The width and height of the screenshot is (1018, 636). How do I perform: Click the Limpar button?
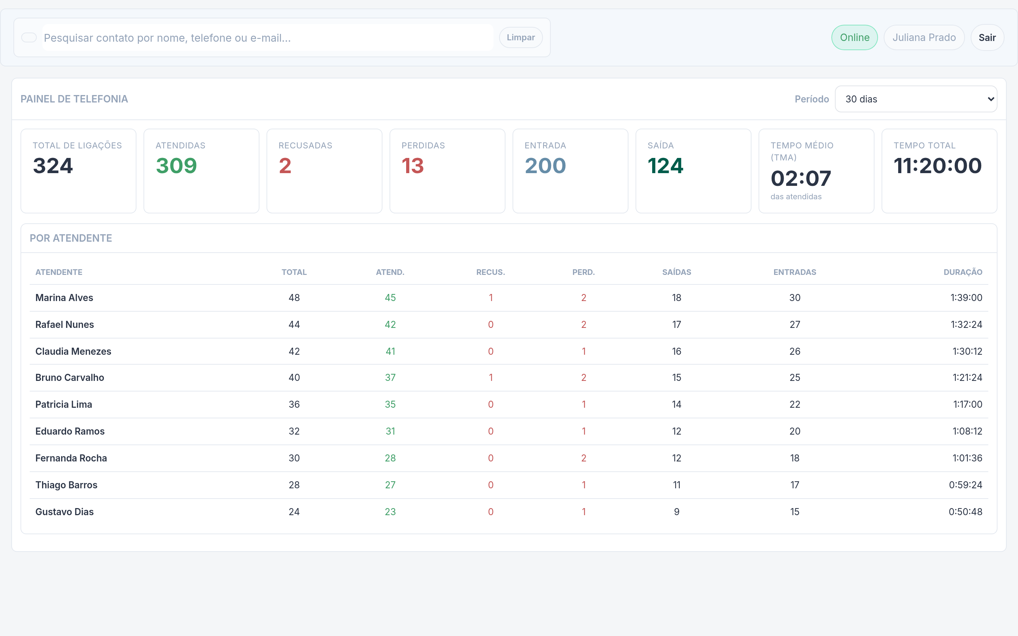tap(520, 37)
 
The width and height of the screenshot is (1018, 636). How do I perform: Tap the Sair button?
tap(987, 37)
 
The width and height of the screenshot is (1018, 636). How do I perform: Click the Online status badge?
tap(854, 37)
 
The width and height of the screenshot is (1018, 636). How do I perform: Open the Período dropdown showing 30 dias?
tap(916, 99)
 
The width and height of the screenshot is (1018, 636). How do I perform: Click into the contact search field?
tap(268, 38)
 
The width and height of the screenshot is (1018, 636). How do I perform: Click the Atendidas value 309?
tap(176, 166)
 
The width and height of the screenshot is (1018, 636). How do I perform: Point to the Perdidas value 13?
tap(412, 166)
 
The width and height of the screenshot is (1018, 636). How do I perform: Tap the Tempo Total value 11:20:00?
tap(938, 166)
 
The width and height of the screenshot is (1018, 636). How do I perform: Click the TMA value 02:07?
tap(801, 178)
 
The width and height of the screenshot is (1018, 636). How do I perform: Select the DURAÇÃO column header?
tap(963, 272)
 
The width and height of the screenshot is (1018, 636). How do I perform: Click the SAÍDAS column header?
tap(677, 272)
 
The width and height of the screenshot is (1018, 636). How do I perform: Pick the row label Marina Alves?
tap(64, 298)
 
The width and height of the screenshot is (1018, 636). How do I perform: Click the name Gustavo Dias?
tap(64, 512)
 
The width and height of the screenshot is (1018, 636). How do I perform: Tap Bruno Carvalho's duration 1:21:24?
tap(967, 378)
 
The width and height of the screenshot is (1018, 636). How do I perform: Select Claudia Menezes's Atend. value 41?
tap(390, 351)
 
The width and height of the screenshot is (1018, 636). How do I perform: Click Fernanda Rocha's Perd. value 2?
tap(584, 458)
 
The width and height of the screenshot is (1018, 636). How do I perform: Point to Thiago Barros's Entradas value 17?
tap(795, 485)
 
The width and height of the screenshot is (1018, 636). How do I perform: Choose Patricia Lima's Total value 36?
tap(294, 404)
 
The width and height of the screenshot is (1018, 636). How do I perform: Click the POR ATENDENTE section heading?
tap(71, 238)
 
